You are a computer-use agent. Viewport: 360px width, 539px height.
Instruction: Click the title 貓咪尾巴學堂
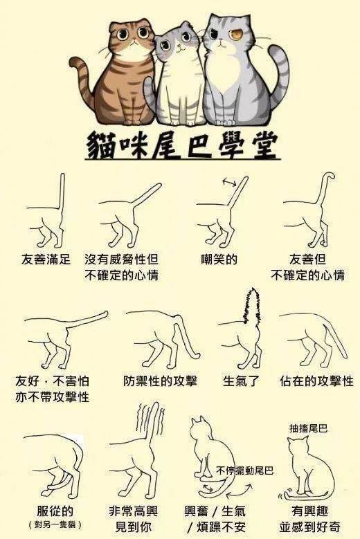182,143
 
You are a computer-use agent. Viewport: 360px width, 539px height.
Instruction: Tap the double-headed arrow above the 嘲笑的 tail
229,181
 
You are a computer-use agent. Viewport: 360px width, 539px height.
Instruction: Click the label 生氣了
240,381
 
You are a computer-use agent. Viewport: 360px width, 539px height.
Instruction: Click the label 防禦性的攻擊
160,381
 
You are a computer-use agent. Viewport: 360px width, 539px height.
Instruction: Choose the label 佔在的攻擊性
316,381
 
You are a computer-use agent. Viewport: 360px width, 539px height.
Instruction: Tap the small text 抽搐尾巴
308,429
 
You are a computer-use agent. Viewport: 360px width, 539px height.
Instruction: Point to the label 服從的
55,511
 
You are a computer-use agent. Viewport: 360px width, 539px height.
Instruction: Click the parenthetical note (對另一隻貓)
55,525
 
